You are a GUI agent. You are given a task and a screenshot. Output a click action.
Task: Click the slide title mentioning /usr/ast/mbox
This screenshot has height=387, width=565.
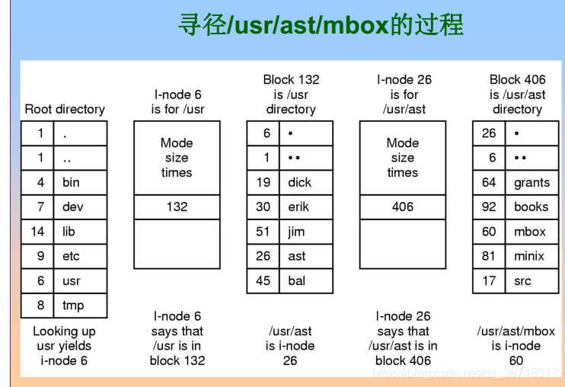pyautogui.click(x=320, y=26)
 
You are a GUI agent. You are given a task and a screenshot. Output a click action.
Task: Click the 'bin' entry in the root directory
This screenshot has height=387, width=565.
pyautogui.click(x=71, y=183)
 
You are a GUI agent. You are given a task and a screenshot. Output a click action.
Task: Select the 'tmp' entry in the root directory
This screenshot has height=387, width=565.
pyautogui.click(x=72, y=305)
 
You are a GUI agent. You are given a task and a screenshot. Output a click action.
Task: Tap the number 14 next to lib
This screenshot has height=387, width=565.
pyautogui.click(x=37, y=232)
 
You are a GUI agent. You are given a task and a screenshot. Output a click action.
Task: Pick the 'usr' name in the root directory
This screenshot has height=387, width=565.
pyautogui.click(x=72, y=281)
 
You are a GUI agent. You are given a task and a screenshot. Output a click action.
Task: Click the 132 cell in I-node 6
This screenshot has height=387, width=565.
pyautogui.click(x=177, y=206)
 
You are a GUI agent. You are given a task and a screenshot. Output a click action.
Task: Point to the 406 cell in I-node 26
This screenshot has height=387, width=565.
pyautogui.click(x=402, y=206)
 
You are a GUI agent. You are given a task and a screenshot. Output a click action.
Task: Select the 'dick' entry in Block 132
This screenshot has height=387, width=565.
pyautogui.click(x=300, y=183)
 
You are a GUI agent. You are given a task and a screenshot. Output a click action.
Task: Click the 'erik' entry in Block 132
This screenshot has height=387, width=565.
pyautogui.click(x=298, y=206)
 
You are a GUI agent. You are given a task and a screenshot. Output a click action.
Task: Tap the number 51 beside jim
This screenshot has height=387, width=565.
pyautogui.click(x=263, y=232)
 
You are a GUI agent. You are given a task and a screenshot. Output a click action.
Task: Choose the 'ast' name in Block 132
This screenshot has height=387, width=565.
pyautogui.click(x=297, y=256)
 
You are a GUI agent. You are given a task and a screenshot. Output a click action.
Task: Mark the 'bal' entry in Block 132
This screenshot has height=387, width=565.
pyautogui.click(x=296, y=281)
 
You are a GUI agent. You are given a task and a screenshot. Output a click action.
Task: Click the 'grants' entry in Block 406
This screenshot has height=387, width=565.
pyautogui.click(x=531, y=183)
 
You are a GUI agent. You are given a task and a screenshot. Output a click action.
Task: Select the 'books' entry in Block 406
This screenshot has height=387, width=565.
pyautogui.click(x=531, y=206)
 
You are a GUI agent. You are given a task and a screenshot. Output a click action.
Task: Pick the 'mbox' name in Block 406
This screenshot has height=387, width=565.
pyautogui.click(x=530, y=232)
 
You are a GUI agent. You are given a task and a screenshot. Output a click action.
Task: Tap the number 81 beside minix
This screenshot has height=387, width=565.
pyautogui.click(x=489, y=256)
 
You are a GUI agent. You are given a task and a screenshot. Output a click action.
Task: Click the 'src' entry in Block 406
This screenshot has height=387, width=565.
pyautogui.click(x=522, y=281)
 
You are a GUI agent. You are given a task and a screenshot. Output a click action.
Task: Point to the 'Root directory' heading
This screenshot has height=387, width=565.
pyautogui.click(x=65, y=109)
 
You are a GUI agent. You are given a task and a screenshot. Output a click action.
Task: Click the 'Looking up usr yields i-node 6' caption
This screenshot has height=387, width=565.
pyautogui.click(x=65, y=345)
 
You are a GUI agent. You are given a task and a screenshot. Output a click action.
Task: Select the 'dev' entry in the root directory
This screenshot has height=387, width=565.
pyautogui.click(x=72, y=206)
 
